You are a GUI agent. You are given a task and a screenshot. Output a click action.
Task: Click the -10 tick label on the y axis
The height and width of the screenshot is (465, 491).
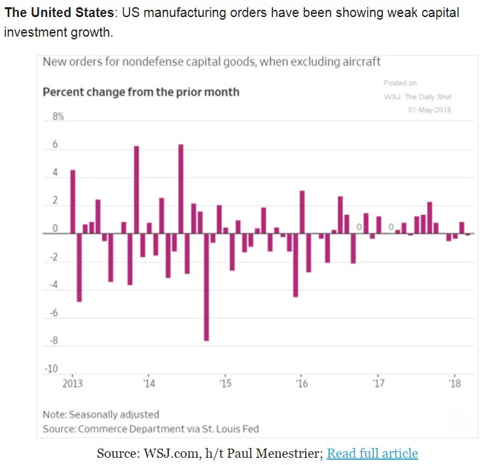tap(51, 369)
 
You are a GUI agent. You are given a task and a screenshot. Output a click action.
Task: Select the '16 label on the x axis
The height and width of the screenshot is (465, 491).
tap(302, 382)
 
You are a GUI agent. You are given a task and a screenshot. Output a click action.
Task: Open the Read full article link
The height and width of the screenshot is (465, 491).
tap(372, 453)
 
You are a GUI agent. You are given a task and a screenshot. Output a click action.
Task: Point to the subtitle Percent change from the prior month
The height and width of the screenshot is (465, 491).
tap(141, 92)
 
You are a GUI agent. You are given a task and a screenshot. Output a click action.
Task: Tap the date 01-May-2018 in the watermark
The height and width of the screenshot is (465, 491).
tap(429, 109)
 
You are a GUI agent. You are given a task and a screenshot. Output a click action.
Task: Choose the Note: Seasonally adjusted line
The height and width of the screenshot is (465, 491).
tap(101, 415)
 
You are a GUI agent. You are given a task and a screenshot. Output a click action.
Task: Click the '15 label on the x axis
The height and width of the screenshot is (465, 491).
tap(225, 382)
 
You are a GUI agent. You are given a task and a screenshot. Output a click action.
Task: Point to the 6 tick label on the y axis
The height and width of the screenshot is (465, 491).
tap(55, 145)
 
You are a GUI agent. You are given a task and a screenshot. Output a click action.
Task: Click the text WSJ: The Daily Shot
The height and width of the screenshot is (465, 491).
tap(418, 97)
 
